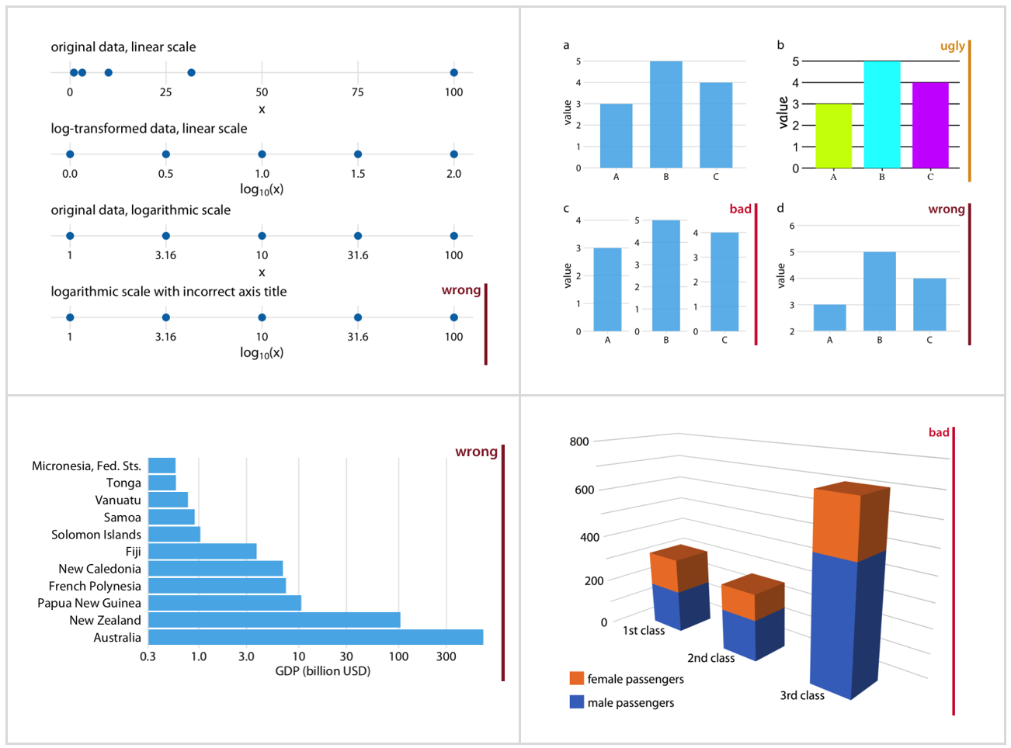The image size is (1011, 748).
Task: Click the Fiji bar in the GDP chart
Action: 202,552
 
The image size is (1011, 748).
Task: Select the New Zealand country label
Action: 105,620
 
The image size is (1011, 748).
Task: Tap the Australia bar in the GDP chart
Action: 315,637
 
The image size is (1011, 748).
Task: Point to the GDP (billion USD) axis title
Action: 322,670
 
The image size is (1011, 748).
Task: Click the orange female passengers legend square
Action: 577,679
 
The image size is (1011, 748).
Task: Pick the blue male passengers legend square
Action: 577,702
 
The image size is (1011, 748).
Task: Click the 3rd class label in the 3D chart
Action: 802,695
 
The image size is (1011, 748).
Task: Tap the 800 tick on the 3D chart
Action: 579,442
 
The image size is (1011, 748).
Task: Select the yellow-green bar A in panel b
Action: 833,136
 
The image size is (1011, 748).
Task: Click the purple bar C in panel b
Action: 930,125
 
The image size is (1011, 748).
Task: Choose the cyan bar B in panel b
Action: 881,115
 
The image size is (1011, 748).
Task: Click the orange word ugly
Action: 952,46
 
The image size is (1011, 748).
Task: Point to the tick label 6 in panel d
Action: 792,226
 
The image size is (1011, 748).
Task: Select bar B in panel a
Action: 665,115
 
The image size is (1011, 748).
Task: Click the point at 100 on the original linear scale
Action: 453,73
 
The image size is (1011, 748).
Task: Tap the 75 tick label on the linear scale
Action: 357,92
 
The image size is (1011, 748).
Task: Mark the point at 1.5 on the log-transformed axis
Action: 357,154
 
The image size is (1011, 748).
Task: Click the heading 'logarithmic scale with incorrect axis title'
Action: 168,292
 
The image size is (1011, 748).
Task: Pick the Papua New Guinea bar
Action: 224,603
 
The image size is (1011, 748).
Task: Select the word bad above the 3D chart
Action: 939,432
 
